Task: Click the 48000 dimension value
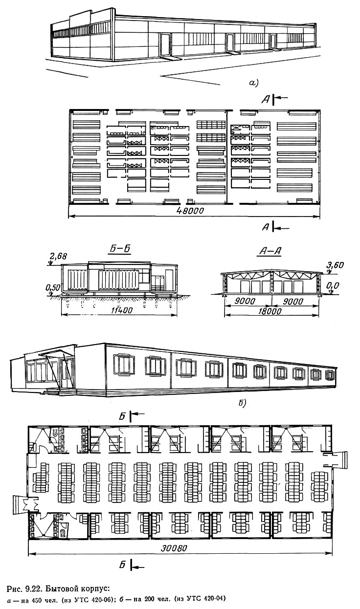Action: coord(190,211)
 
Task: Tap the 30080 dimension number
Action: coord(174,547)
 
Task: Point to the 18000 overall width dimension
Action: coord(270,311)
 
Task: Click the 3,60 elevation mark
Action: coord(335,264)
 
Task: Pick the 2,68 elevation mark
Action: coord(58,256)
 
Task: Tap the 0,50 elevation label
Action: coord(54,287)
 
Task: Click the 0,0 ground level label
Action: coord(332,285)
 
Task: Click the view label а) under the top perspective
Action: coord(253,83)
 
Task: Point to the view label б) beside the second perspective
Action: coord(242,403)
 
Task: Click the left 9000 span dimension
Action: coord(246,301)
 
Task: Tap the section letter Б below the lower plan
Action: coord(122,565)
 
